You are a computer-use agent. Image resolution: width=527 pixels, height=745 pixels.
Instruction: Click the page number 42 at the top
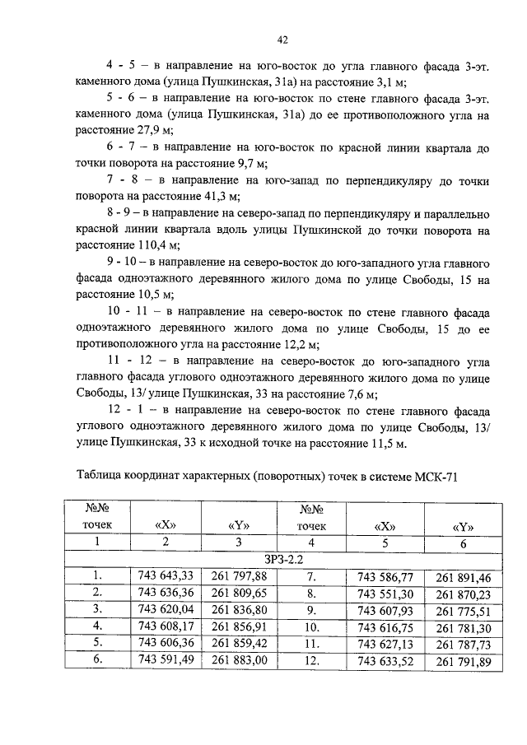282,39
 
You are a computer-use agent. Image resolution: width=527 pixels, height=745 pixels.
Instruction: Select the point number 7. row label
312,575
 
